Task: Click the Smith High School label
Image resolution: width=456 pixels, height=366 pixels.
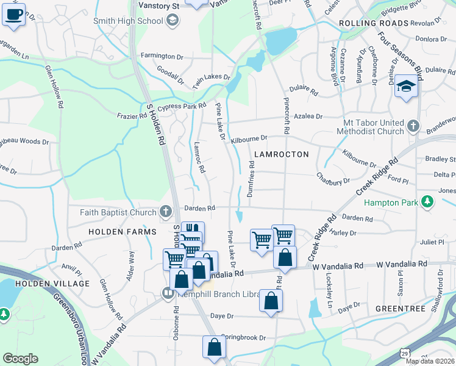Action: point(128,21)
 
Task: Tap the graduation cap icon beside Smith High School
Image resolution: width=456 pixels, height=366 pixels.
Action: point(173,21)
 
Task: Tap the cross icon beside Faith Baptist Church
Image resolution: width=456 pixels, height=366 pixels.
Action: point(165,212)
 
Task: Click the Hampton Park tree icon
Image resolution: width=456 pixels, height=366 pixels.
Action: point(428,203)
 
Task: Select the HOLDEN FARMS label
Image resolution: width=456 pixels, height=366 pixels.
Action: point(118,232)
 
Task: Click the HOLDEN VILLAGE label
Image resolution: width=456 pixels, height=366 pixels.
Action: point(52,284)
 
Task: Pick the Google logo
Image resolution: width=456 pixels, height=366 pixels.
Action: point(20,359)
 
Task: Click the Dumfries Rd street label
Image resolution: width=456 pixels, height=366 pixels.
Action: point(252,175)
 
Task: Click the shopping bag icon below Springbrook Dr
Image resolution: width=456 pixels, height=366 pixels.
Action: point(214,346)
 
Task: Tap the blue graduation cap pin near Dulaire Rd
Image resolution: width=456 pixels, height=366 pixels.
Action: point(406,86)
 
